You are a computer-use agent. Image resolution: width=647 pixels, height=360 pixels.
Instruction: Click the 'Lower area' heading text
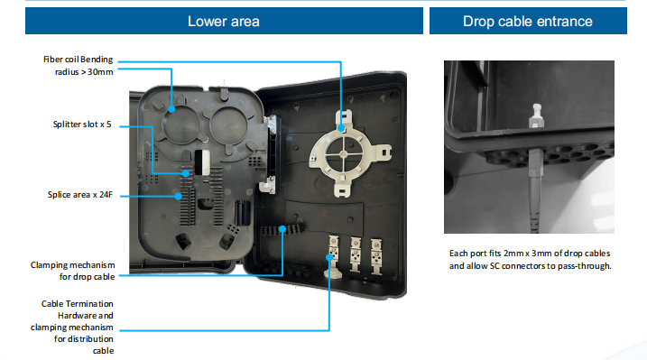tap(224, 22)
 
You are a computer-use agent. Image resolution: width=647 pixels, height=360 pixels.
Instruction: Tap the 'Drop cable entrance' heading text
tap(528, 22)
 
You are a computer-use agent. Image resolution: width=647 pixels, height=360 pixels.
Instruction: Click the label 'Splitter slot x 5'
tap(82, 125)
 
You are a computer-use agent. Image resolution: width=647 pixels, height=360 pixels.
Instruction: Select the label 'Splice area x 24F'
tap(80, 195)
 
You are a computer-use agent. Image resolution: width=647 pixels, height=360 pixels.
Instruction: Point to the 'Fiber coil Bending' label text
tap(78, 60)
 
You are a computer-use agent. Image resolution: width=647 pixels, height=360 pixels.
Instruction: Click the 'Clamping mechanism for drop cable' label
tap(72, 271)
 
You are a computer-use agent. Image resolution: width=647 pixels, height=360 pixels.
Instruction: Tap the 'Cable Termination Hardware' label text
tap(78, 309)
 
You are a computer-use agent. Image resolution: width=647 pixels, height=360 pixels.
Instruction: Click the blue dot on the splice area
tap(178, 197)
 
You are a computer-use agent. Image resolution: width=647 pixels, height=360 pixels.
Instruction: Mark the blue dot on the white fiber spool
tap(341, 128)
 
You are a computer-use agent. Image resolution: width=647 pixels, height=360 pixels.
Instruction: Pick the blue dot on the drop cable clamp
tap(282, 229)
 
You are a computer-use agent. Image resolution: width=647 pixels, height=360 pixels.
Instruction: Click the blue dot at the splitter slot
tap(186, 173)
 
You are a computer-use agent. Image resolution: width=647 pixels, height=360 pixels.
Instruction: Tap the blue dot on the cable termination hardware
tap(329, 257)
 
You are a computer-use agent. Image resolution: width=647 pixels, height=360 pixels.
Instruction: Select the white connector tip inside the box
tap(536, 115)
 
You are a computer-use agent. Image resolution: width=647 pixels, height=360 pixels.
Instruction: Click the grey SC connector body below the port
tap(536, 166)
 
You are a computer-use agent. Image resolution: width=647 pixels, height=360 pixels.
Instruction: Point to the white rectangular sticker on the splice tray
tap(202, 162)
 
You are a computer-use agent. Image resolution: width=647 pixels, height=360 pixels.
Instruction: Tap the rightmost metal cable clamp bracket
tap(376, 255)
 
